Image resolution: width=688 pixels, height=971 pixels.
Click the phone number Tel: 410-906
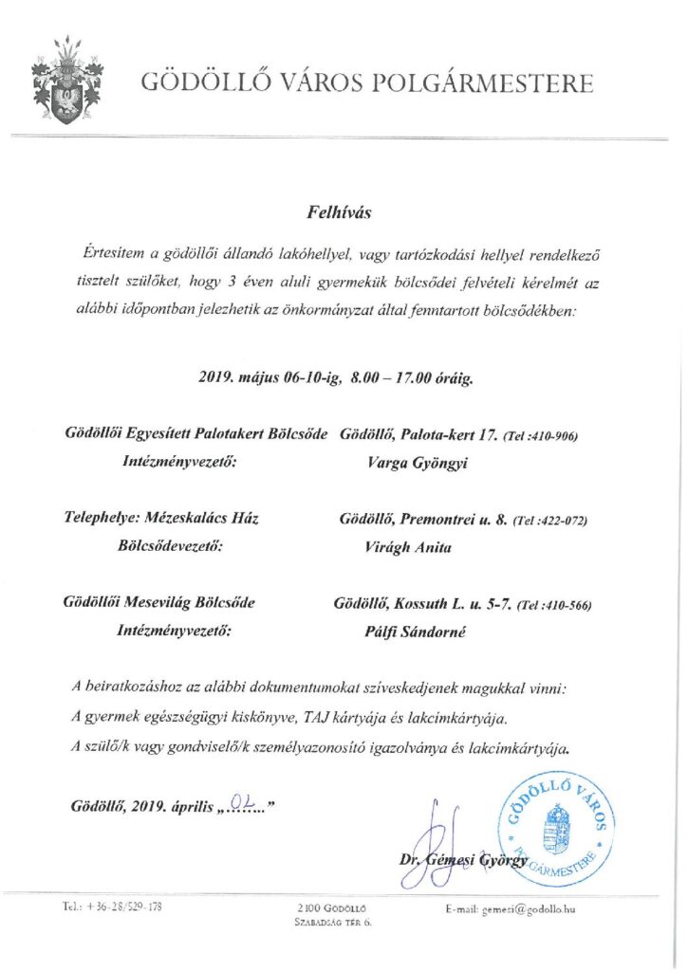(x=540, y=436)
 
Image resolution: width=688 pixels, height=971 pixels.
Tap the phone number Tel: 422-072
(x=550, y=521)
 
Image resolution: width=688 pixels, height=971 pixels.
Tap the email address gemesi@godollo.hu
(x=511, y=909)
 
